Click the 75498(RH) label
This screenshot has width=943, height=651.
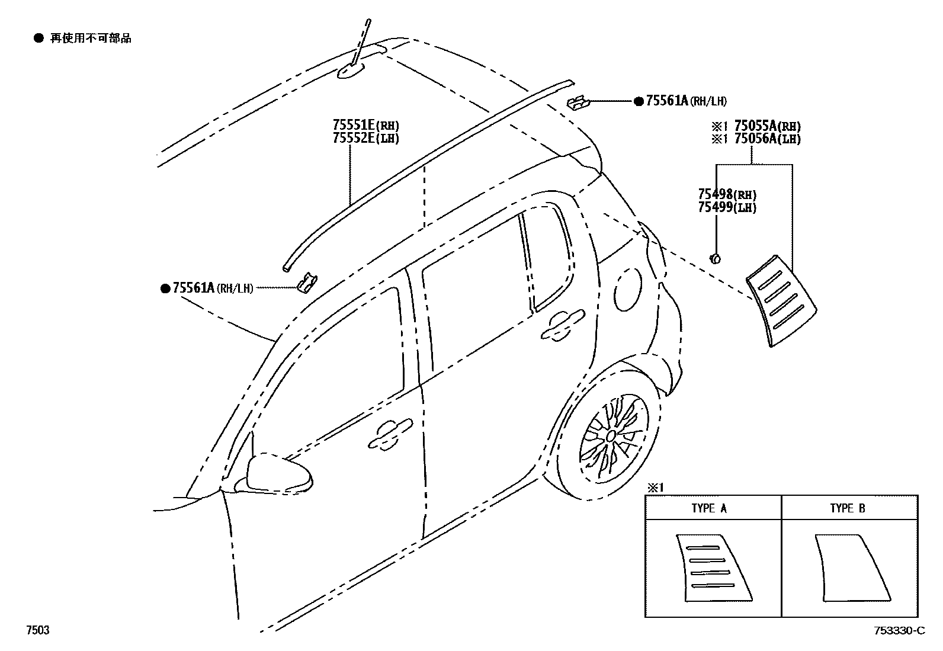(727, 195)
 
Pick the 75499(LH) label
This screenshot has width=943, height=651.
(727, 207)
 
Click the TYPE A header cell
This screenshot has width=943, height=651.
(709, 508)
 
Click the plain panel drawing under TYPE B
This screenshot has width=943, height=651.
(851, 567)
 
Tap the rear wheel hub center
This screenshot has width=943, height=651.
(610, 436)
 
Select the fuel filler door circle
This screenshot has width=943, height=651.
(628, 289)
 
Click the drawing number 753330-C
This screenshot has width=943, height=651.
(898, 630)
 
